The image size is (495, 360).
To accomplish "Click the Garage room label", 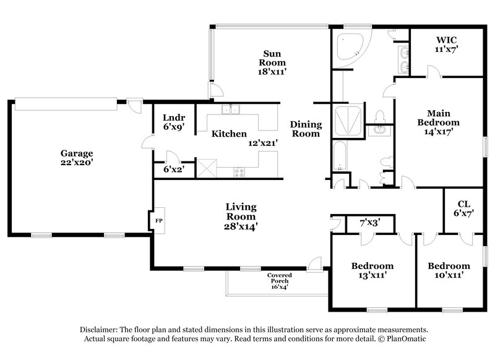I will click(x=76, y=153).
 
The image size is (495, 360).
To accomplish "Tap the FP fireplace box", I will click(x=158, y=220).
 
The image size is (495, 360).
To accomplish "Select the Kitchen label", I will click(x=230, y=134).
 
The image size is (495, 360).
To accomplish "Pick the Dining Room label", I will click(x=306, y=129).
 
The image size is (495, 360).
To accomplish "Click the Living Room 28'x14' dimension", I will click(x=241, y=226).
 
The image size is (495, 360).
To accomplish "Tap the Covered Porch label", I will click(x=279, y=276).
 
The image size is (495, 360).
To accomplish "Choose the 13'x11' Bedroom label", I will click(x=372, y=266).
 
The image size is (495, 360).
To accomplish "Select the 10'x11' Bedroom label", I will click(x=445, y=266).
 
